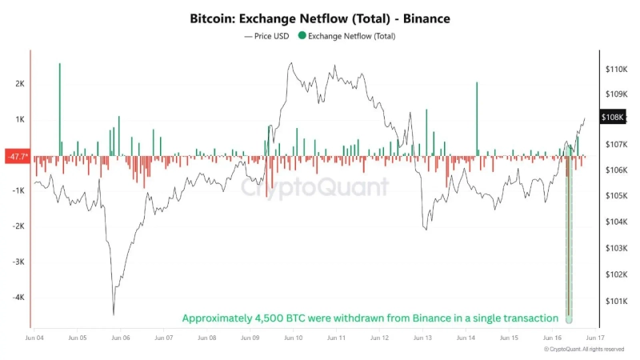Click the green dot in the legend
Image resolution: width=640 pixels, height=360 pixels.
coord(302,35)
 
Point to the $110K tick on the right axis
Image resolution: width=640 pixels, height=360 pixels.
coord(618,70)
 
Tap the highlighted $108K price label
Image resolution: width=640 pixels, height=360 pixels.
coord(612,118)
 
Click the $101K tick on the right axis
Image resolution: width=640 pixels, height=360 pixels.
coord(618,302)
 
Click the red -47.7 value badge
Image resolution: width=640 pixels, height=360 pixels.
coord(17,156)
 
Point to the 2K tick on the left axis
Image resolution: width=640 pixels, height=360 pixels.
coord(20,83)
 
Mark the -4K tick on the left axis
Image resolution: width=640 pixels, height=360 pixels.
coord(18,297)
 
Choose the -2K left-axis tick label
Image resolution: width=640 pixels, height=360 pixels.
coord(18,226)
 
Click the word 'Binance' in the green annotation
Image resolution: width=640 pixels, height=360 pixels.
coord(433,318)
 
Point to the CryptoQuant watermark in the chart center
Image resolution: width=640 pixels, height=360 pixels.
coord(315,186)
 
